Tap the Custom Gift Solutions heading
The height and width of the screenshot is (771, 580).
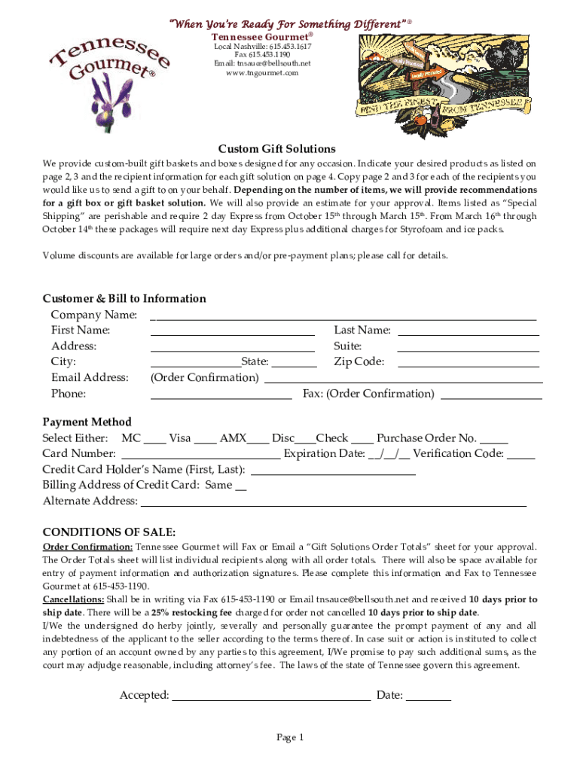(x=276, y=148)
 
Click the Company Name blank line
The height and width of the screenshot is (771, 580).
(x=343, y=316)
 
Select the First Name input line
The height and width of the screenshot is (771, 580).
(x=232, y=332)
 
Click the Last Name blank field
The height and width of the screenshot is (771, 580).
(x=468, y=332)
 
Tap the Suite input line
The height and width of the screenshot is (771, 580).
(x=468, y=348)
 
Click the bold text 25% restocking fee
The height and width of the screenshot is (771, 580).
(x=191, y=613)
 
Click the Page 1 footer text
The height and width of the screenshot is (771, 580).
(x=289, y=738)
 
